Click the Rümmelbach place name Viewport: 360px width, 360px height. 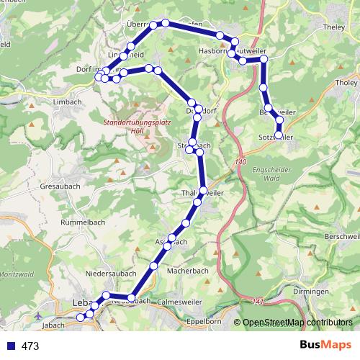pos(83,222)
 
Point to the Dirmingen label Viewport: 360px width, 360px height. pos(312,291)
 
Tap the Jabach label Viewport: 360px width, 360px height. pos(53,325)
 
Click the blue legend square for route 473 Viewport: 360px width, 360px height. pos(9,346)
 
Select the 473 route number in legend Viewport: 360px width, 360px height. pos(30,346)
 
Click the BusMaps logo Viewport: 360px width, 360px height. pos(325,346)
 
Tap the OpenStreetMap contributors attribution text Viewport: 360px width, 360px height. pos(297,323)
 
